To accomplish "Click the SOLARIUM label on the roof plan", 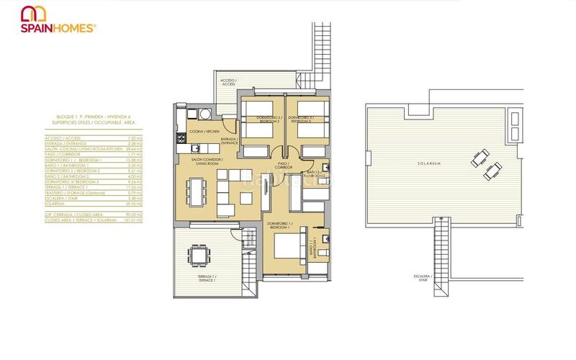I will pyautogui.click(x=428, y=163).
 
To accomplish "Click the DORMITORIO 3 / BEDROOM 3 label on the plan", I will pyautogui.click(x=301, y=120).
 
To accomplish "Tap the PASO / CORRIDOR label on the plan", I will pyautogui.click(x=283, y=166).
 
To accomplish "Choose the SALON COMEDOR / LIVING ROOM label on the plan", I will pyautogui.click(x=207, y=161).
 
